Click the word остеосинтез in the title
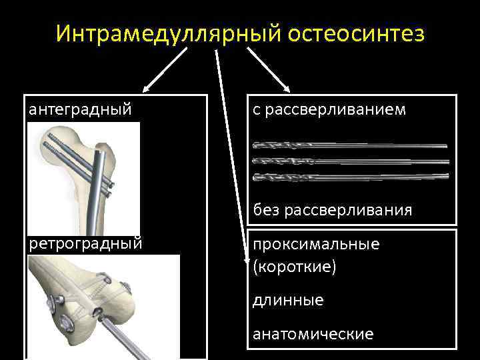click(x=355, y=33)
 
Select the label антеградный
click(x=79, y=109)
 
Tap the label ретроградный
click(x=85, y=242)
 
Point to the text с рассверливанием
click(x=329, y=109)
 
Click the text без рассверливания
click(x=332, y=210)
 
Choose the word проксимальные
click(x=316, y=243)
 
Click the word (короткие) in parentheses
click(x=295, y=267)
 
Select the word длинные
click(x=288, y=300)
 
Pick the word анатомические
click(x=313, y=333)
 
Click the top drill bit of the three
click(x=350, y=145)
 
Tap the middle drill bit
click(x=350, y=161)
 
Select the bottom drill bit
click(x=350, y=177)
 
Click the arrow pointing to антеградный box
click(x=163, y=69)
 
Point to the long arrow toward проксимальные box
click(x=227, y=147)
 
